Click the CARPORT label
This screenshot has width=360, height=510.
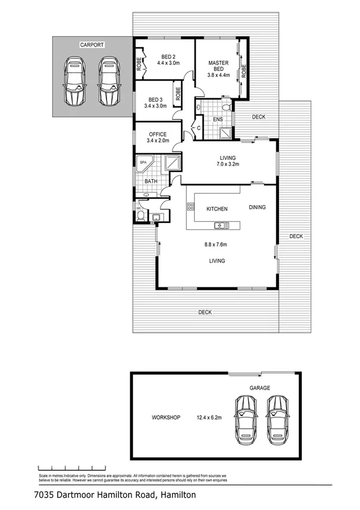(x=92, y=45)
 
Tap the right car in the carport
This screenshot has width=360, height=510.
(x=109, y=81)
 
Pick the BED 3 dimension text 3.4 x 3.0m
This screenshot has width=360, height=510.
(x=156, y=106)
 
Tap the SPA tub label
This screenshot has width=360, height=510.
(x=144, y=162)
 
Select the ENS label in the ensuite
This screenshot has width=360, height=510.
(x=218, y=119)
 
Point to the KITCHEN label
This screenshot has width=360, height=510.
(x=217, y=209)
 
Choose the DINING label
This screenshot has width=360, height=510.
(x=257, y=207)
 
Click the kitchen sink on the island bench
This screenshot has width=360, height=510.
(x=221, y=226)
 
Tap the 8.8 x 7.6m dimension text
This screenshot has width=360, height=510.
(x=217, y=245)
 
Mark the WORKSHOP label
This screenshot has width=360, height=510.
(x=166, y=417)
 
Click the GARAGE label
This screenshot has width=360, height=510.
(x=260, y=389)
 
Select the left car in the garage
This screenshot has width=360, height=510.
(x=246, y=417)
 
